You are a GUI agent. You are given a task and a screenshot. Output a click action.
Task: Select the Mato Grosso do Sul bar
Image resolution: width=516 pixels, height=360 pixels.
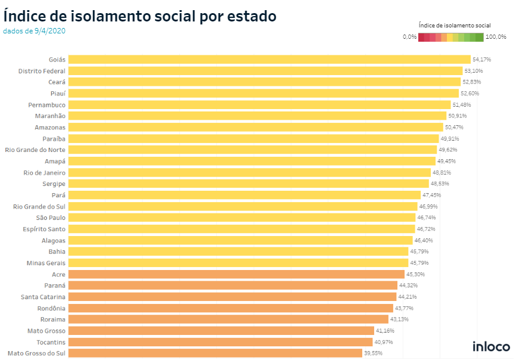[215, 353]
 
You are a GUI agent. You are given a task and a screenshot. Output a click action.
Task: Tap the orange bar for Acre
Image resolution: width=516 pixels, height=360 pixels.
[236, 274]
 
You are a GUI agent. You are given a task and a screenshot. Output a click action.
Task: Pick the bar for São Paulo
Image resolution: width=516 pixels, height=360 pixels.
[242, 218]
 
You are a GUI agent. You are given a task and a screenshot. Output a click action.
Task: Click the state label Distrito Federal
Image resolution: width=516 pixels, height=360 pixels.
[42, 71]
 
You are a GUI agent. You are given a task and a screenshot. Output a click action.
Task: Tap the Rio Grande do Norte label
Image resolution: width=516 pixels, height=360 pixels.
[35, 150]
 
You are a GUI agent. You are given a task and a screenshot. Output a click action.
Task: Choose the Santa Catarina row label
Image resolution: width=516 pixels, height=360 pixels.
[43, 297]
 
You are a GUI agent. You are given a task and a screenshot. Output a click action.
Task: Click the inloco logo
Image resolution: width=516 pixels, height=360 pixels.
[491, 346]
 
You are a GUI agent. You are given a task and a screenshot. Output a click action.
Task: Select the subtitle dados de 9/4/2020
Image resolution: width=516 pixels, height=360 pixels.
[34, 31]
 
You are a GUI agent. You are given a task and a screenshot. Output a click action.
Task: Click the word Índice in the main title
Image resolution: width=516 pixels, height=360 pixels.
[24, 16]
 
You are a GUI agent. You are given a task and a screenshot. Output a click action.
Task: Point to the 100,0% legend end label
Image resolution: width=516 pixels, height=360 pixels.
[496, 37]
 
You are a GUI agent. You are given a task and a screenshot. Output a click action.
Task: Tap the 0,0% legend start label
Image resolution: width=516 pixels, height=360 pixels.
[409, 37]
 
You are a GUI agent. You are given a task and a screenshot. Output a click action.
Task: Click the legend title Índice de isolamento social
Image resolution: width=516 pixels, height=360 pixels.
[455, 25]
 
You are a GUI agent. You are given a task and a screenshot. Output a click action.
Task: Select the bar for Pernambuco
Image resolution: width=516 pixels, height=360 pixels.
[259, 105]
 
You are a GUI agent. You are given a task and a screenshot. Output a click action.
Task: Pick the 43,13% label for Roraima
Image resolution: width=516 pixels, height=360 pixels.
[400, 319]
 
